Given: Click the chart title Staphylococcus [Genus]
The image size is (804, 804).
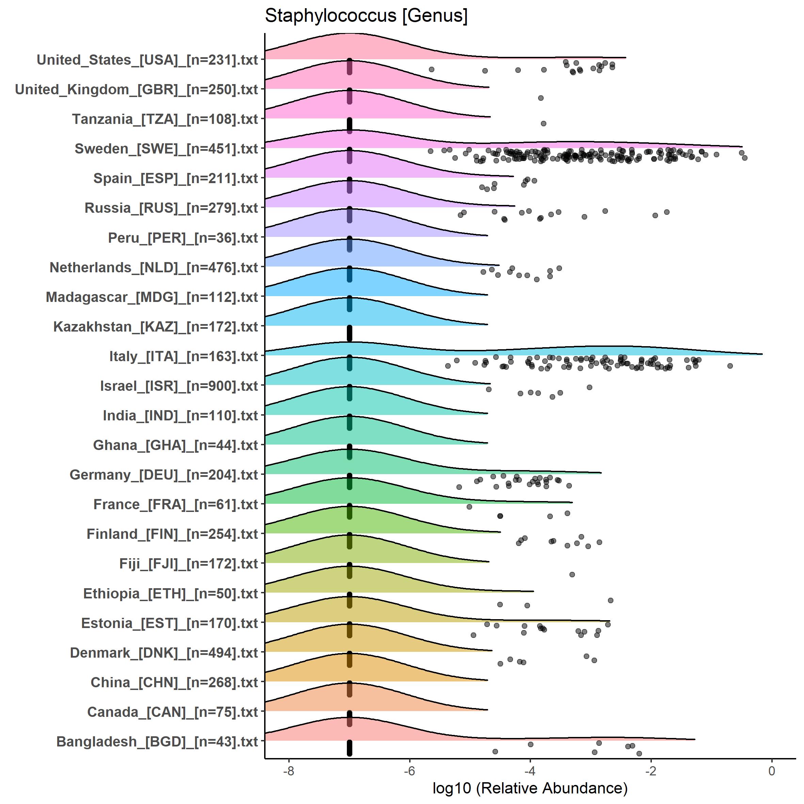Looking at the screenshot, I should tap(366, 16).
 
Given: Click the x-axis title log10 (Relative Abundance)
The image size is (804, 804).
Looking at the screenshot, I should tap(530, 788).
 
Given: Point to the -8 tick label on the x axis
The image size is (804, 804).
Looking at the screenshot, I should tap(288, 771).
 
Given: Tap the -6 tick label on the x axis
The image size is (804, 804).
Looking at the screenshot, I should tap(409, 771).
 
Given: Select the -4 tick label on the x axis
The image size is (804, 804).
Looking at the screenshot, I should tap(530, 771).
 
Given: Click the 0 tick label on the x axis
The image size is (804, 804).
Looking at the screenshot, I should tap(772, 771).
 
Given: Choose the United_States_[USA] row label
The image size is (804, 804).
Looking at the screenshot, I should tap(147, 60).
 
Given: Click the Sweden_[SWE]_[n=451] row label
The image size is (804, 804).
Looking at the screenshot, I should tap(166, 148).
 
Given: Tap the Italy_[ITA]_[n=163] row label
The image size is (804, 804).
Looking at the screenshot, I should tap(183, 356).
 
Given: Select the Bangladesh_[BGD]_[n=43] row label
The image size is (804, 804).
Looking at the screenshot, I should tap(157, 741).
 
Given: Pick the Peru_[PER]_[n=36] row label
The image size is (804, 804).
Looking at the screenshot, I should tap(183, 238).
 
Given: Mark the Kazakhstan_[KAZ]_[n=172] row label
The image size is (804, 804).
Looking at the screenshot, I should tap(156, 327).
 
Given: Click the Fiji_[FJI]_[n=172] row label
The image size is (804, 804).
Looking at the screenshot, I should tap(189, 563).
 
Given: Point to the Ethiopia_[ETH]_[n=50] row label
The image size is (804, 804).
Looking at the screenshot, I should tap(171, 593).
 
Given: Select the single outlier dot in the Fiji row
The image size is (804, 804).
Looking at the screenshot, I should tap(572, 574).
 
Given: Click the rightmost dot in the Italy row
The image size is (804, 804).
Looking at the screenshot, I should tap(729, 366).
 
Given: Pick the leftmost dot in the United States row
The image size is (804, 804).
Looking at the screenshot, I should tap(432, 69).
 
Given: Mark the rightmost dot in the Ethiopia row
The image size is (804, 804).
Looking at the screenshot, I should tap(611, 600).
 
